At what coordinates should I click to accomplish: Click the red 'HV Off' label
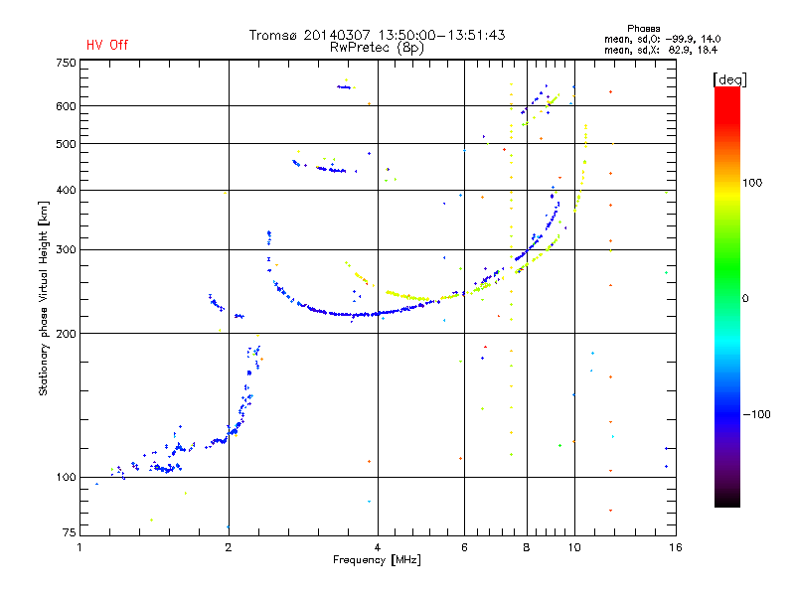107,45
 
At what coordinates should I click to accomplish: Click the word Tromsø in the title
272,35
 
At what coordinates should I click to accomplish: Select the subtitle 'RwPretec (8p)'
377,48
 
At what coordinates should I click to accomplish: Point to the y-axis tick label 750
66,63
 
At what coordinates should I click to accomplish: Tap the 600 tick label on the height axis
66,106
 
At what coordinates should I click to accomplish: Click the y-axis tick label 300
66,249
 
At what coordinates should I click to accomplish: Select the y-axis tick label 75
70,532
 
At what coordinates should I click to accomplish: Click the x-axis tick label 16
676,547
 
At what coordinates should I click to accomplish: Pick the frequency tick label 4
378,547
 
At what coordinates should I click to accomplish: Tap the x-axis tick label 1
79,547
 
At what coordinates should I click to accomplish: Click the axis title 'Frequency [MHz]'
377,560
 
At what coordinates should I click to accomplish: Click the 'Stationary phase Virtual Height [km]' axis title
43,298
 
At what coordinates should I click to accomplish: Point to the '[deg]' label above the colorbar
729,79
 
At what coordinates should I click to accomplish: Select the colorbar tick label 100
752,183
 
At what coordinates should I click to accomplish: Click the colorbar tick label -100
756,414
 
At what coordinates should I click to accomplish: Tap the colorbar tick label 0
745,298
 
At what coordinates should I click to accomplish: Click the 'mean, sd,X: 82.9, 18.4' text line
661,50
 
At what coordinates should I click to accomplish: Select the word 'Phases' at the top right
643,29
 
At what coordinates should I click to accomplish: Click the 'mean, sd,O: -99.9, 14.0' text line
662,39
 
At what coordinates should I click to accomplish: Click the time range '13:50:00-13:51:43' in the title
441,35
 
